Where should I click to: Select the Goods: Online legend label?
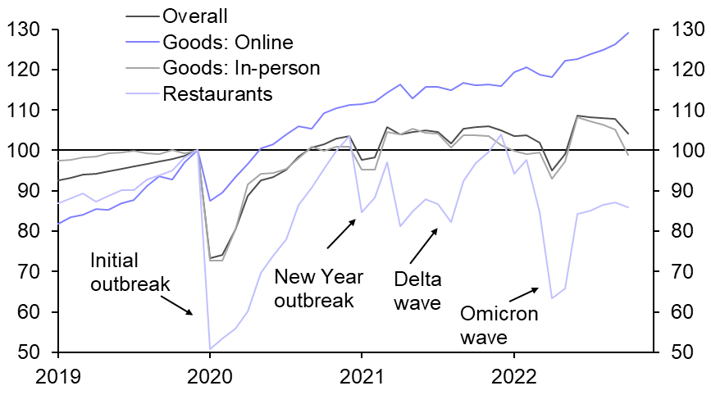click(x=228, y=42)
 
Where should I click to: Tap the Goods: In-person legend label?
click(x=241, y=67)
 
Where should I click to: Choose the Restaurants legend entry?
click(x=217, y=93)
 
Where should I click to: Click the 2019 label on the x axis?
click(x=58, y=379)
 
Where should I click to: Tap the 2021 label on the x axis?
click(x=362, y=379)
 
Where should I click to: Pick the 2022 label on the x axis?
click(x=514, y=379)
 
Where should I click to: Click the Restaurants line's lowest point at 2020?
click(x=210, y=349)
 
